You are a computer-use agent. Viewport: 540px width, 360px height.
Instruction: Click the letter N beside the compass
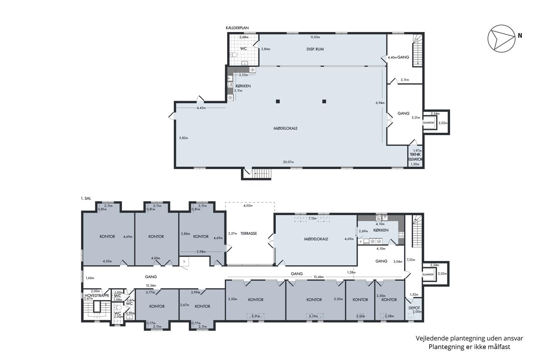point(520,35)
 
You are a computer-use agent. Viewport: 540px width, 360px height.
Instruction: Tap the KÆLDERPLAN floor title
point(237,28)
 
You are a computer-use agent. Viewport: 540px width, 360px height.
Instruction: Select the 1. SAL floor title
point(86,198)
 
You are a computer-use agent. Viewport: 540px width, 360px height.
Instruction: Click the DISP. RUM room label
point(315,49)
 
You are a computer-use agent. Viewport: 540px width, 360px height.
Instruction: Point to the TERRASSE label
point(249,233)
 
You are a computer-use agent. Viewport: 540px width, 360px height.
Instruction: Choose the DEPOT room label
point(414,308)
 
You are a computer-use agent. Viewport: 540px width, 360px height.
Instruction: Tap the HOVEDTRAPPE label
point(97,296)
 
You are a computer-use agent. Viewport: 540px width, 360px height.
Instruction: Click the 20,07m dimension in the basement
point(289,162)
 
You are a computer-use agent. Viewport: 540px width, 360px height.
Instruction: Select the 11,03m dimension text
point(315,37)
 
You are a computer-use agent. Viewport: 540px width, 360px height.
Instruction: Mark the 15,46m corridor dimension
point(319,277)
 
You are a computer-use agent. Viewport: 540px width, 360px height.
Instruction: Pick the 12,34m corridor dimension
point(151,286)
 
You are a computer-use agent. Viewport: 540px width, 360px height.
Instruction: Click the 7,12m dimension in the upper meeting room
point(312,218)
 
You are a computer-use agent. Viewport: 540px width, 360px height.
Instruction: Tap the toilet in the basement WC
point(233,55)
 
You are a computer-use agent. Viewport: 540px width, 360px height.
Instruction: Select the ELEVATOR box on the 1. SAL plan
point(429,274)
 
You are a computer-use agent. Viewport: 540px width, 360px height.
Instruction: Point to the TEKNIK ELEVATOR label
point(415,157)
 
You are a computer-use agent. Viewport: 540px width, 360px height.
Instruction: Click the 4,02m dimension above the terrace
point(248,206)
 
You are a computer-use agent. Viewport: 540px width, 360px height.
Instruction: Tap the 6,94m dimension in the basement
point(380,103)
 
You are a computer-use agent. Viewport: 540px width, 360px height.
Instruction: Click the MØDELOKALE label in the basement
point(285,128)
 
